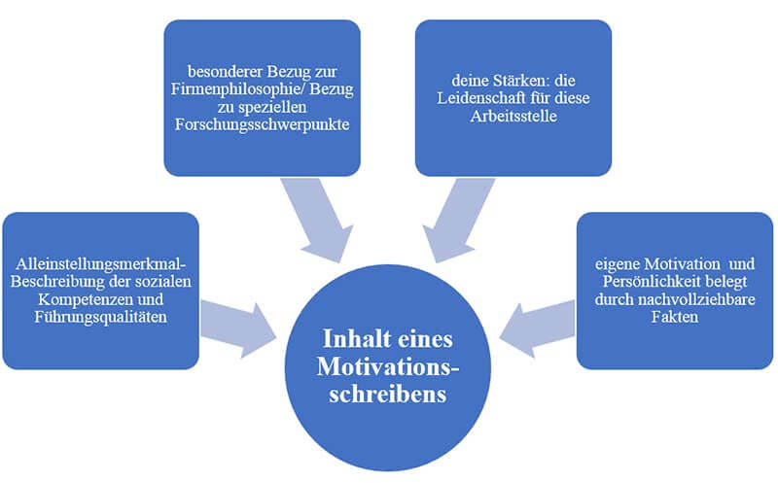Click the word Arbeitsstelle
pyautogui.click(x=513, y=106)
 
